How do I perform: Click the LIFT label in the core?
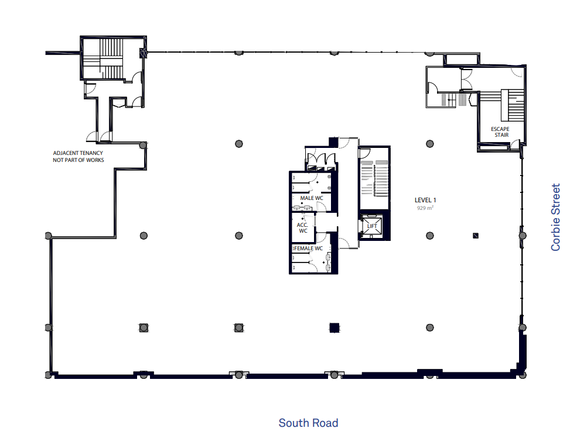pyautogui.click(x=372, y=226)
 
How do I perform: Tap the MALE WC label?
pyautogui.click(x=312, y=198)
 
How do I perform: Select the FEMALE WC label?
pyautogui.click(x=308, y=248)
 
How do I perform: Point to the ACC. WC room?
pyautogui.click(x=303, y=228)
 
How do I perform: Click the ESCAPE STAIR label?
pyautogui.click(x=500, y=132)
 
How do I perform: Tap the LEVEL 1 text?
pyautogui.click(x=425, y=200)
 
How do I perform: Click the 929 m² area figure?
pyautogui.click(x=425, y=208)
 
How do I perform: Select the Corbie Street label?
pyautogui.click(x=555, y=217)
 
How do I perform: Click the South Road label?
pyautogui.click(x=308, y=423)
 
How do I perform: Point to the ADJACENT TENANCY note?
pyautogui.click(x=78, y=156)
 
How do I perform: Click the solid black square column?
pyautogui.click(x=335, y=327)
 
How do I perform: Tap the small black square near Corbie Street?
pyautogui.click(x=476, y=236)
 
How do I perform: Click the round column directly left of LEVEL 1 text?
pyautogui.click(x=429, y=144)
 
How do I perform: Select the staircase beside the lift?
pyautogui.click(x=374, y=178)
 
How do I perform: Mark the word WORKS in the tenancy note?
pyautogui.click(x=95, y=160)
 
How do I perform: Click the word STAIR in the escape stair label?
pyautogui.click(x=501, y=135)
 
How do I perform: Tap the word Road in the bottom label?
pyautogui.click(x=325, y=423)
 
